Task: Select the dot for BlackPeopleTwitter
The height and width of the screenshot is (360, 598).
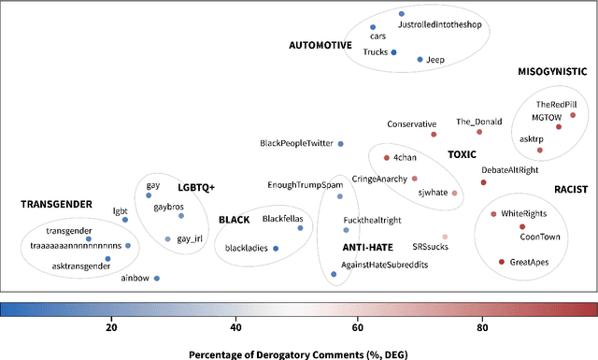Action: click(340, 143)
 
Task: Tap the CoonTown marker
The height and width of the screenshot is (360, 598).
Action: click(522, 227)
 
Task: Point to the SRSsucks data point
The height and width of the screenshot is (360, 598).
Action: click(445, 237)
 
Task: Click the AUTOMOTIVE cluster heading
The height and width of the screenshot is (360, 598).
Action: click(320, 44)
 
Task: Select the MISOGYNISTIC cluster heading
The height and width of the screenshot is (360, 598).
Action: click(552, 71)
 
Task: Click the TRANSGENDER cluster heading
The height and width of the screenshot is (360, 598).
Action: click(57, 203)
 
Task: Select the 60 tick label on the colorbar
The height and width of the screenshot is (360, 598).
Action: click(359, 327)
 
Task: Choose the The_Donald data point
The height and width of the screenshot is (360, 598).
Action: click(480, 132)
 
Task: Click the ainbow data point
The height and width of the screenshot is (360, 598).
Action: click(156, 279)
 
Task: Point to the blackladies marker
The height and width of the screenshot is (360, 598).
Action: click(276, 249)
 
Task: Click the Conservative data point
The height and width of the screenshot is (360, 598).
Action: click(434, 134)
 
